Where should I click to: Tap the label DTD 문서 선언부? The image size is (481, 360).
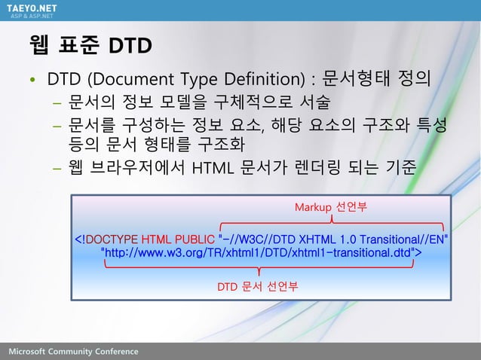pyautogui.click(x=258, y=286)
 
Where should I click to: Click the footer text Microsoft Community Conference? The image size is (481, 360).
pyautogui.click(x=74, y=352)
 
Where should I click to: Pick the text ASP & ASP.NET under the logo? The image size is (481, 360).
pyautogui.click(x=30, y=15)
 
